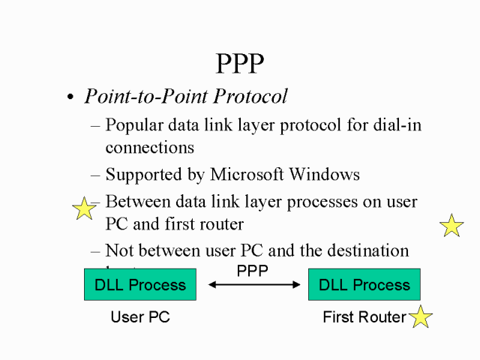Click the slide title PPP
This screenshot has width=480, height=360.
240,64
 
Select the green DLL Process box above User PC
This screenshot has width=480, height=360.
140,285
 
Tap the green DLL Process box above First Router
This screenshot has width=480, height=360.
364,285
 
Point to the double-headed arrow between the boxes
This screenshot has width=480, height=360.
253,285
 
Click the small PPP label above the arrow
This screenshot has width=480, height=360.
252,270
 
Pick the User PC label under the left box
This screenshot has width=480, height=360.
140,317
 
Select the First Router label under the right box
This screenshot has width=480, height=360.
364,317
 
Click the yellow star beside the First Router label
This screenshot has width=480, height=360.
420,316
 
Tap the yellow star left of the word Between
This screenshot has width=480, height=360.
83,208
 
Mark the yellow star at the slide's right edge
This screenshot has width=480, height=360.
451,225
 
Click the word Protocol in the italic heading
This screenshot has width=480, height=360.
250,97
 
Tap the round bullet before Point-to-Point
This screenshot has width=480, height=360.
71,98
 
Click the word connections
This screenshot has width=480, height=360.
150,148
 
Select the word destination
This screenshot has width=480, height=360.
369,250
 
